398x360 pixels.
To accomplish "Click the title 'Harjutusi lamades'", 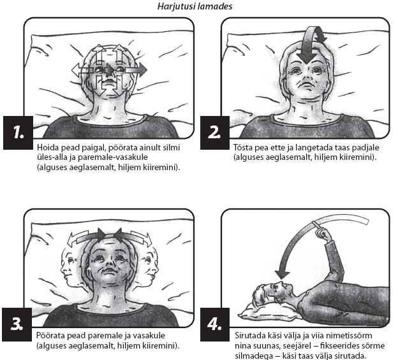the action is click(195, 6).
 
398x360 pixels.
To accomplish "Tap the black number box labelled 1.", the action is click(18, 133).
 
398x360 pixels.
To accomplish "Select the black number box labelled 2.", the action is click(215, 133).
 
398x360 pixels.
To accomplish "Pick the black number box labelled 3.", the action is click(17, 324).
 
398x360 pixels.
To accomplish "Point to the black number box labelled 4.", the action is click(215, 324).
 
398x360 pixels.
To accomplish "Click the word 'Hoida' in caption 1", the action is click(48, 147).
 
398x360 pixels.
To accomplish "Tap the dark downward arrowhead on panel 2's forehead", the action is click(307, 57).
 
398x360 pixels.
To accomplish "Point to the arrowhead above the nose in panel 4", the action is click(283, 274).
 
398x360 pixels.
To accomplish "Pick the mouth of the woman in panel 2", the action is click(307, 84).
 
